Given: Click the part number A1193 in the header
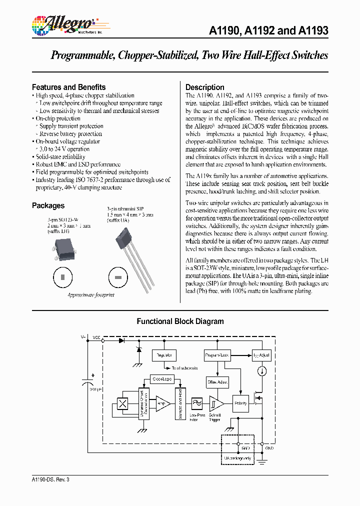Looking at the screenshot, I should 313,30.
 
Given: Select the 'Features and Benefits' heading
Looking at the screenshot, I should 68,87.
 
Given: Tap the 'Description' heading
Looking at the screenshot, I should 204,87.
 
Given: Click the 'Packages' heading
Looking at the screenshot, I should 48,205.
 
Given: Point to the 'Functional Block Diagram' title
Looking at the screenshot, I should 180,321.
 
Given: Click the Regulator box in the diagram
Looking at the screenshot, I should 164,355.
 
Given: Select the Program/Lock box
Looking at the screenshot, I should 217,355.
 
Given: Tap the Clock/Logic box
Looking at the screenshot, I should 161,379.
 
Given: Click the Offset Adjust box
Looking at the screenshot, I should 217,382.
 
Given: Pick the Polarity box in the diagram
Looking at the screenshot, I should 240,403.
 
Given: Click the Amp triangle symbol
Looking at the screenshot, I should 162,403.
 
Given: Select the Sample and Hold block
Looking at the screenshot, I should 180,403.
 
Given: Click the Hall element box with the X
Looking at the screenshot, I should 122,403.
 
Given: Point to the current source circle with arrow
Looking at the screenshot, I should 261,371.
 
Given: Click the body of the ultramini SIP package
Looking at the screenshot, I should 125,238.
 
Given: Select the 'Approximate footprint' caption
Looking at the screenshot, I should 91,295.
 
